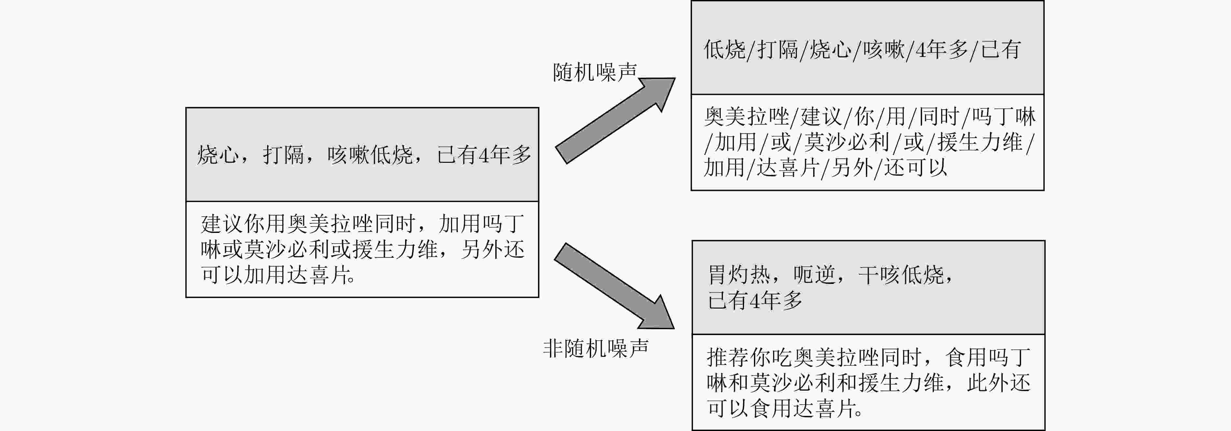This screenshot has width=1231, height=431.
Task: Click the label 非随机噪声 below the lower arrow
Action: point(595,348)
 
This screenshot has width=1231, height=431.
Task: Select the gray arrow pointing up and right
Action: point(615,120)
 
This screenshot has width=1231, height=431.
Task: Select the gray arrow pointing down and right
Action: point(615,286)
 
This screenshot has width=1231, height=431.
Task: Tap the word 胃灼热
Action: point(739,275)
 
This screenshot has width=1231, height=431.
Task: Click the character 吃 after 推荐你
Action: point(782,357)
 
